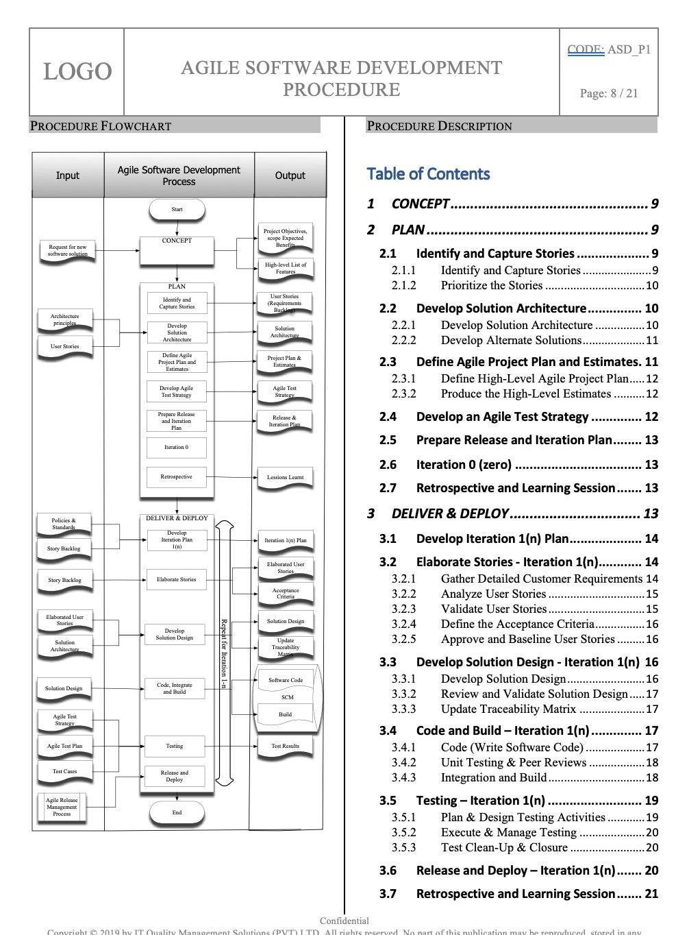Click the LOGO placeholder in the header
(x=77, y=71)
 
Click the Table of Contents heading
(x=428, y=174)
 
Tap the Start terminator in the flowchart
(x=177, y=210)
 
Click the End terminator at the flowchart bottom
(x=177, y=813)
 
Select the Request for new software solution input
(x=67, y=251)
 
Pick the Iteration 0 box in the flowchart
(x=176, y=448)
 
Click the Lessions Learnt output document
(x=285, y=478)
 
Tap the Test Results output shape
(x=285, y=746)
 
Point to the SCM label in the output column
(x=287, y=697)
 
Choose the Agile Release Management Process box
(x=62, y=807)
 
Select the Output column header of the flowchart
(x=290, y=175)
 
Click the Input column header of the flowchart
(x=67, y=175)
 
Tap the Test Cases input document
(x=64, y=772)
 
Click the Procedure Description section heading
(x=439, y=126)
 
